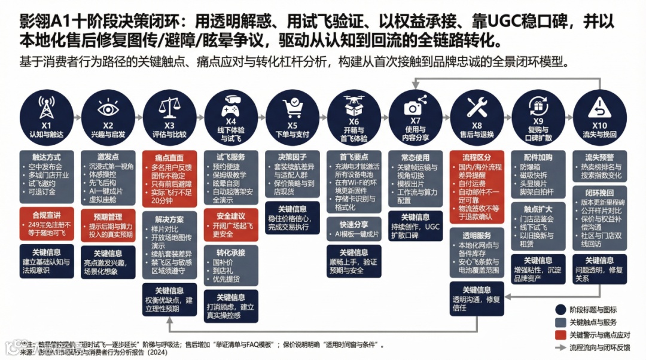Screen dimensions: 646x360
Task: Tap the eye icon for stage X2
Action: click(108, 108)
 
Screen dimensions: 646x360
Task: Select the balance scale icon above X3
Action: click(169, 108)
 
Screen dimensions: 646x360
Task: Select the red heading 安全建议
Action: click(231, 215)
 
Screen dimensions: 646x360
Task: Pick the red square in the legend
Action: click(560, 335)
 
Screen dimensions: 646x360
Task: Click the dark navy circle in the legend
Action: click(560, 310)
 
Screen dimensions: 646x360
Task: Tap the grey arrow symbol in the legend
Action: click(560, 347)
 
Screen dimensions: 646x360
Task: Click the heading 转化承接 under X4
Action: click(231, 252)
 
